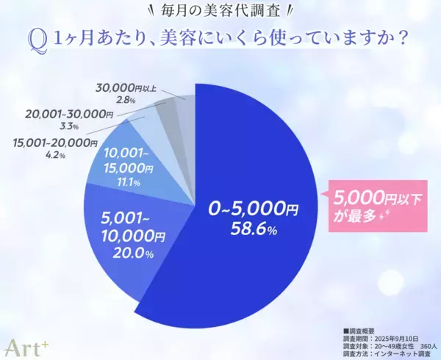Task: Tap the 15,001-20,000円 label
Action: coord(56,142)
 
